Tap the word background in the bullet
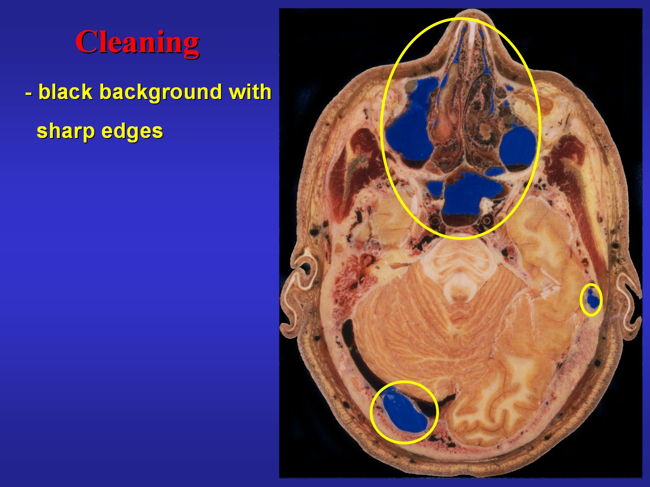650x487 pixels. point(160,92)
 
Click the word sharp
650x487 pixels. point(65,131)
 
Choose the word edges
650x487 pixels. point(132,131)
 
